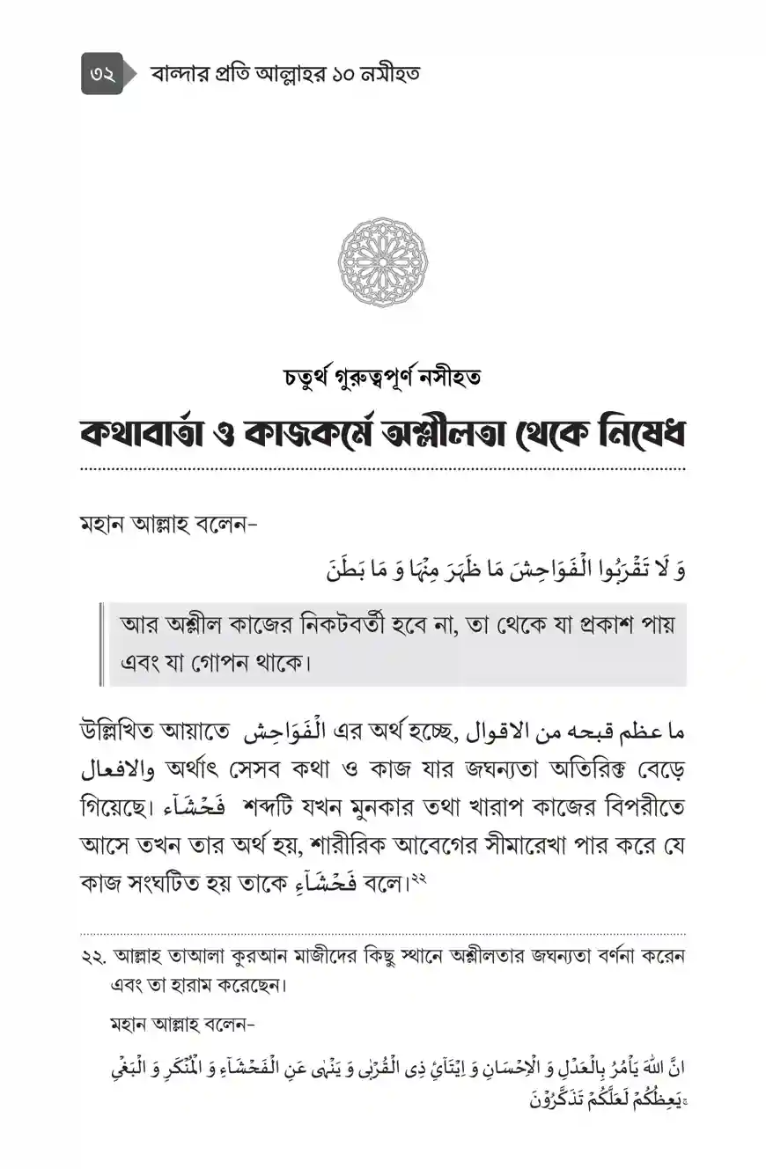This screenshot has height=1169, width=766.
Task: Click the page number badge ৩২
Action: click(x=102, y=73)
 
